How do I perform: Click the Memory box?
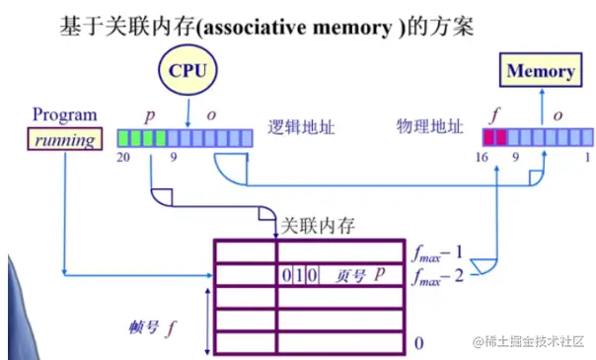coord(541,71)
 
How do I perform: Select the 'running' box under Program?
coord(64,139)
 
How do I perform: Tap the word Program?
coord(64,114)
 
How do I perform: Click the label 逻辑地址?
coord(296,129)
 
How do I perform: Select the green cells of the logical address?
coord(140,138)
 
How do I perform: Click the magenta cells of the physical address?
coord(494,138)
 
